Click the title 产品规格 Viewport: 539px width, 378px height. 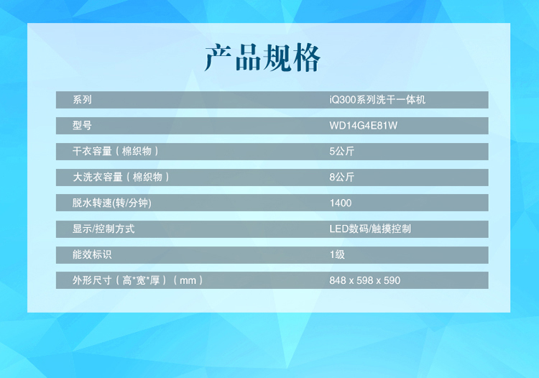coord(262,57)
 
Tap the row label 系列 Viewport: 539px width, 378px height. coord(82,100)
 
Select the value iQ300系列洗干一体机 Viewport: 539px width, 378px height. coord(377,100)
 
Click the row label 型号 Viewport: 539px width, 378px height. coord(82,126)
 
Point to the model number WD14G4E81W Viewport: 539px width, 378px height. coord(364,126)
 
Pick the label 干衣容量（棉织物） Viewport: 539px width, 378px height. coord(116,151)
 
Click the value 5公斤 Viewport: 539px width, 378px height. coord(341,151)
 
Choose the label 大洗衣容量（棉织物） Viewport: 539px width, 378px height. coord(121,177)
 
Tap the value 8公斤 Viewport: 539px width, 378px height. coord(341,177)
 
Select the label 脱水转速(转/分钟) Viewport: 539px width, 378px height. coord(111,203)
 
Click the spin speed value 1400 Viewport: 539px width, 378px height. coord(341,203)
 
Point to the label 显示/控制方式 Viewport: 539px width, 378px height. coord(103,229)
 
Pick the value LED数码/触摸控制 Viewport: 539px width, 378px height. coord(370,229)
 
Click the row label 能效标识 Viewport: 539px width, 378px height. coord(92,254)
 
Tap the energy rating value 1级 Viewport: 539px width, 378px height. coord(337,254)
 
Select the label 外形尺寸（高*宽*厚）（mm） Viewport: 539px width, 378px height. coord(138,280)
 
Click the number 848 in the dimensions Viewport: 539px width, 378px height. coord(338,280)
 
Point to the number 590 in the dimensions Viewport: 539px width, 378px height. coord(392,280)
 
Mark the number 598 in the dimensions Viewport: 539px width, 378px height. coord(364,280)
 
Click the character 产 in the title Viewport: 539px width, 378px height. coord(218,57)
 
